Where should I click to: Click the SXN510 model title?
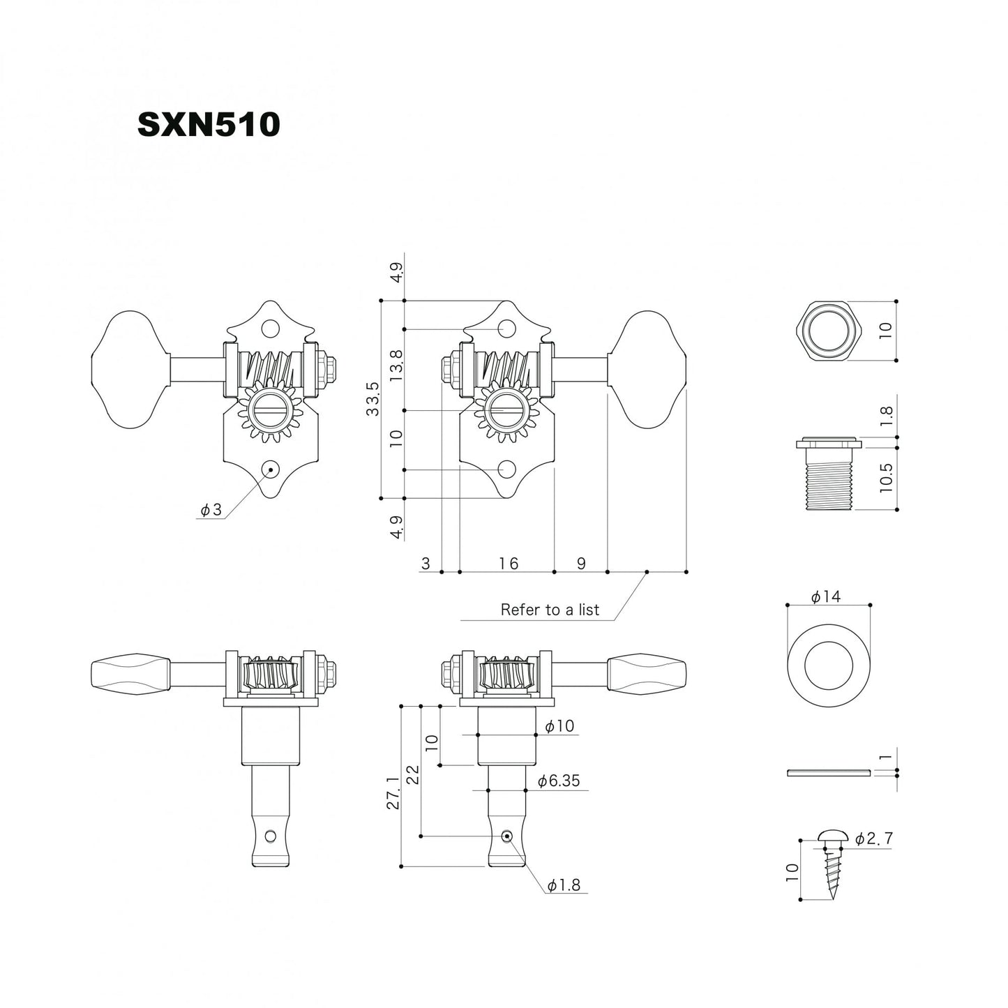[x=208, y=125]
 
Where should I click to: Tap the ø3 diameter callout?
[x=211, y=511]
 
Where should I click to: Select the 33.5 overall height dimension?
[x=373, y=399]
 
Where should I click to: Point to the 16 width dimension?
[x=508, y=563]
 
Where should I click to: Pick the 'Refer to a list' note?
[x=550, y=610]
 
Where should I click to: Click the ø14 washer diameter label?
[x=826, y=596]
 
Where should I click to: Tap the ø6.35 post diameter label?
[x=559, y=781]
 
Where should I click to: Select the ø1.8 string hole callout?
[x=564, y=885]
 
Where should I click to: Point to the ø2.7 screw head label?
[x=873, y=838]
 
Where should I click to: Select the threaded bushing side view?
[x=829, y=474]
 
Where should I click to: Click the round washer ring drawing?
[x=829, y=663]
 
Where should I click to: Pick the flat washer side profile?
[x=829, y=773]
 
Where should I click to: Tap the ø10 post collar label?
[x=559, y=726]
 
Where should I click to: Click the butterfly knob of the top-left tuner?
[x=130, y=370]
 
